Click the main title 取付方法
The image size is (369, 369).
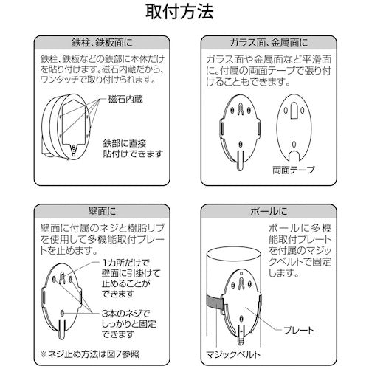[x=179, y=11]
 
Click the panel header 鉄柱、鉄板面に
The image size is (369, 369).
[x=102, y=43]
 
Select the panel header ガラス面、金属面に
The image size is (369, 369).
[x=269, y=43]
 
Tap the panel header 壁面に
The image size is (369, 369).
[x=102, y=212]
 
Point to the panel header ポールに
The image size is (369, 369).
[x=269, y=212]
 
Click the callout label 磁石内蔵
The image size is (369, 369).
[x=125, y=99]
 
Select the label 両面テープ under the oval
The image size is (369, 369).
[x=294, y=170]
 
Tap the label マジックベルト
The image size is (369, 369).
[x=233, y=354]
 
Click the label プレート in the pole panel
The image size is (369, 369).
[x=299, y=331]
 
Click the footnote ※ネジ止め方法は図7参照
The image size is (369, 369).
[x=90, y=354]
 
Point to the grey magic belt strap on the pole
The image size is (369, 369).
[x=215, y=303]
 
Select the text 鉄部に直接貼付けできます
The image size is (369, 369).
[x=133, y=149]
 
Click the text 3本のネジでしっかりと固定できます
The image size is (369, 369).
[x=129, y=324]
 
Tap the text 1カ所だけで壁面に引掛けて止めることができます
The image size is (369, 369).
[x=131, y=278]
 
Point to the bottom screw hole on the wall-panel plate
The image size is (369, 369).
[x=62, y=313]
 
